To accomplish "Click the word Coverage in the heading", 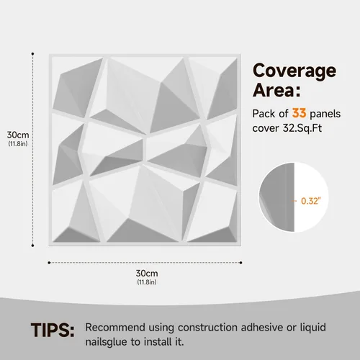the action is [x=294, y=71].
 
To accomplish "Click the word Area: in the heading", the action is [x=276, y=90].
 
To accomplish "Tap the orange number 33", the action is [x=299, y=113].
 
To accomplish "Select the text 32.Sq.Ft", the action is [x=302, y=128].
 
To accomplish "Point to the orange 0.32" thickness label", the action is [x=311, y=201].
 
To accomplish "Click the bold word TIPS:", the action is [x=53, y=330].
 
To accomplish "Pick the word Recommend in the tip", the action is [x=115, y=328].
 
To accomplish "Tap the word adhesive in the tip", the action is [x=262, y=328].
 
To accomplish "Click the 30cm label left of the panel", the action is [x=18, y=135].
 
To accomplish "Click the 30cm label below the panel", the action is [x=147, y=273].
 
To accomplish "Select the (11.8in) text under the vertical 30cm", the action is [x=18, y=144].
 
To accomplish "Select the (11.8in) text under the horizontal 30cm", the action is [x=147, y=282].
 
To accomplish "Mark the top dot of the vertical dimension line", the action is [x=32, y=54].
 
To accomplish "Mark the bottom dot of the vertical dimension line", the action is [x=32, y=246].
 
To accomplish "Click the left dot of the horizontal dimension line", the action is [x=49, y=263].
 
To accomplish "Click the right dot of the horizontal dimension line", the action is [x=241, y=263].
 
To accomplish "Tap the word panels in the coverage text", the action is [x=325, y=114].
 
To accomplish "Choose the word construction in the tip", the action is [x=207, y=328].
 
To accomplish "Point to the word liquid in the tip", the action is [x=313, y=328].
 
